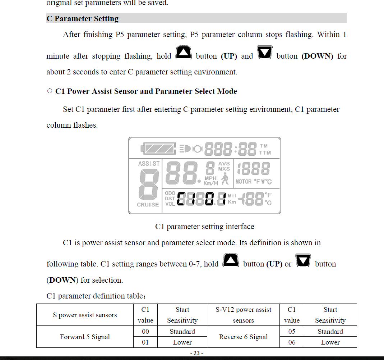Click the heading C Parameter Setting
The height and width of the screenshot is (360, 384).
tap(83, 19)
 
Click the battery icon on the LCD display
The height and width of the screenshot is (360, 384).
tap(158, 148)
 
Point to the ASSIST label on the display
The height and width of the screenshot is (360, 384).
tap(149, 164)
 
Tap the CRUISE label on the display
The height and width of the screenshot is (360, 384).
tap(148, 205)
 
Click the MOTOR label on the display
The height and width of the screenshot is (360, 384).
tap(244, 182)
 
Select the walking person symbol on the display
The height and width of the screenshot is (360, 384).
tap(225, 179)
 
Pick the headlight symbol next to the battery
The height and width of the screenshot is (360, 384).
tap(185, 148)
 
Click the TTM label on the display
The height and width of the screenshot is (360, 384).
tap(265, 152)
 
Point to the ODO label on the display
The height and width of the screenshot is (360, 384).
tap(170, 193)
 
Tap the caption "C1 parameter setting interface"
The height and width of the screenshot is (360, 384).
tap(204, 227)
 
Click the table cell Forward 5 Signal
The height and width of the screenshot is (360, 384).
tap(85, 337)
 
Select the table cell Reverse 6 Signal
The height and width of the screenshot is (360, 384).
tap(243, 337)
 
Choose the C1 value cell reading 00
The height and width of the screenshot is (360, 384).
tap(145, 332)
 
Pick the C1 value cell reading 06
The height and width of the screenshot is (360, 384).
tap(292, 342)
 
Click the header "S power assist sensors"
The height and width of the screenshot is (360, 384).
tap(85, 315)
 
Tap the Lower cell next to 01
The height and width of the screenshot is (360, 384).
tap(182, 342)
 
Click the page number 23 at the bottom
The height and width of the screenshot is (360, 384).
tap(196, 353)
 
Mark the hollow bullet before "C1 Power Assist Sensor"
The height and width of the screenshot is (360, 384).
tap(50, 91)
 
